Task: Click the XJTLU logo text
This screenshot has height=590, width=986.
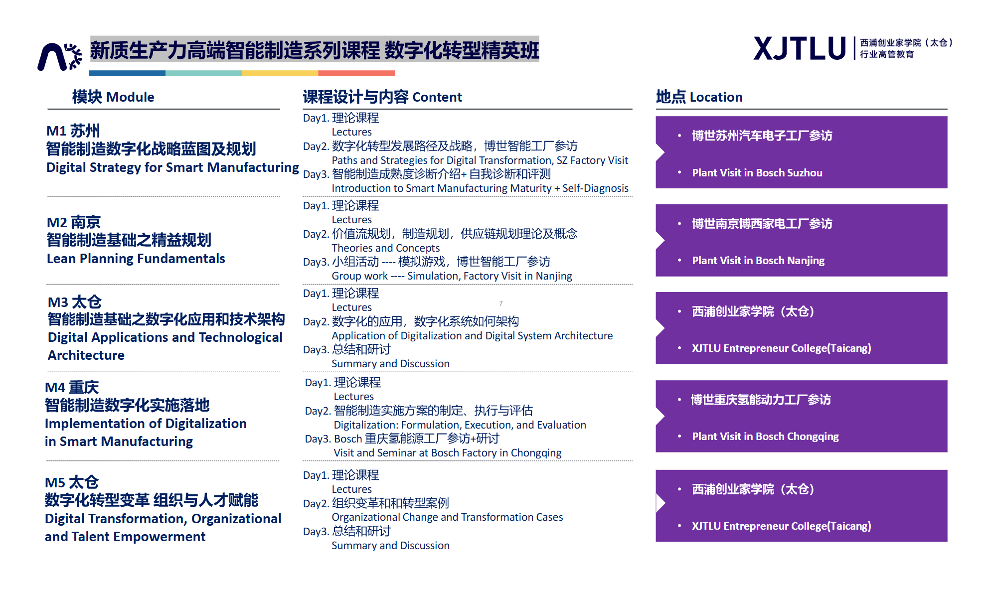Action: [800, 49]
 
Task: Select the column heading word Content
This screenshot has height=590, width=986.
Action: [437, 97]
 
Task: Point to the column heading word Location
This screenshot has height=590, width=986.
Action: [716, 97]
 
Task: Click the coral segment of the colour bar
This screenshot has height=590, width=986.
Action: [356, 73]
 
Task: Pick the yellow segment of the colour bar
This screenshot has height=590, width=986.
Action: [280, 73]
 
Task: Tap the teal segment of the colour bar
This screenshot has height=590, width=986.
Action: [203, 73]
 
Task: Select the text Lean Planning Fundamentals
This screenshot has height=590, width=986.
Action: [136, 259]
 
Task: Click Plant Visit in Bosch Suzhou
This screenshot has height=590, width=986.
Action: [757, 173]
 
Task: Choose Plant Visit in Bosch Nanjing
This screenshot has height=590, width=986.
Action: [758, 261]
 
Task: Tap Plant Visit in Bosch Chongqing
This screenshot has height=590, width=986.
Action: [765, 437]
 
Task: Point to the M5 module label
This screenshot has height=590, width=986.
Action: [55, 483]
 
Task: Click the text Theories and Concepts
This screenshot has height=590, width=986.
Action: [386, 248]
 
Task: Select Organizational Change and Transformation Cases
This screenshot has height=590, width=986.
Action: [447, 517]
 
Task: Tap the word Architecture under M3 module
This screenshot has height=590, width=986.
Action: [86, 355]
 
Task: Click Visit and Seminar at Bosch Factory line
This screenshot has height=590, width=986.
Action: [448, 453]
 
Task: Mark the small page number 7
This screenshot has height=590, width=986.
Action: [501, 303]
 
